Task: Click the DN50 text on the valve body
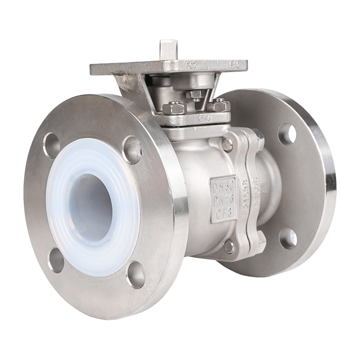pyautogui.click(x=220, y=185)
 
